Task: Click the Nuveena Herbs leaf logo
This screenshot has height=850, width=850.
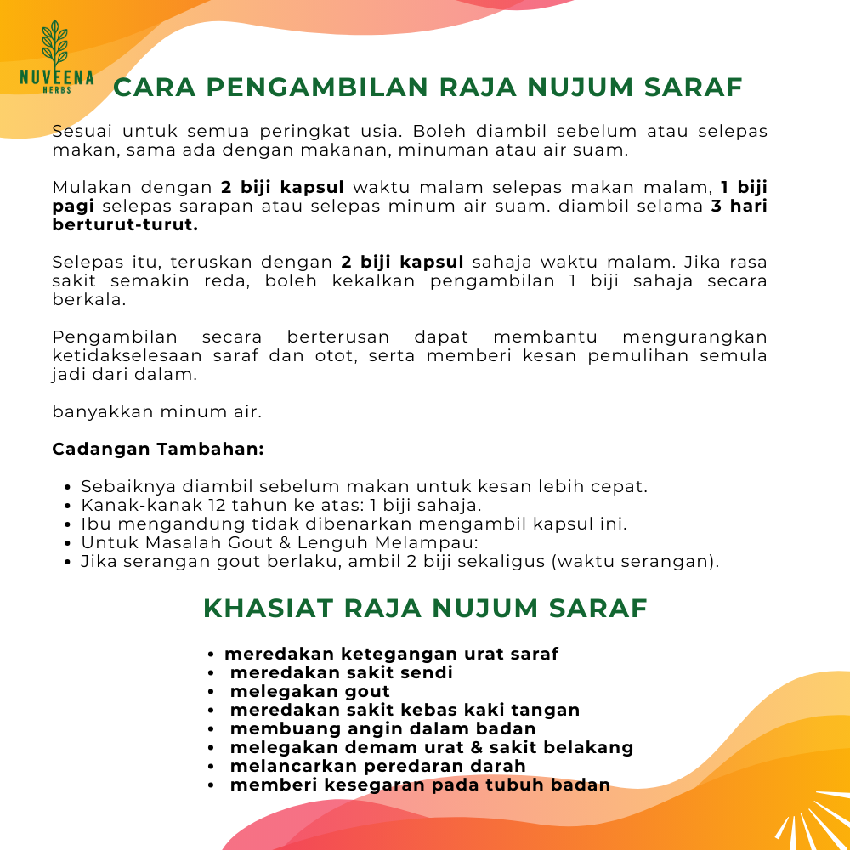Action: pos(56,48)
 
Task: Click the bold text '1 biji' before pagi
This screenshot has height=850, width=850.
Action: pos(744,187)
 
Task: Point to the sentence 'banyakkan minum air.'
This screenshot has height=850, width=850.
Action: pos(157,411)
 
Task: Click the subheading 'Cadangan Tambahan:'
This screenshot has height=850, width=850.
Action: pos(158,449)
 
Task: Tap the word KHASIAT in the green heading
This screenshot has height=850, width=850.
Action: pos(269,609)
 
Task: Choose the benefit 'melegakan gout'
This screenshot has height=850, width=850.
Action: pos(309,691)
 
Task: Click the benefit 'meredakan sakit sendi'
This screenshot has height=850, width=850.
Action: pos(341,672)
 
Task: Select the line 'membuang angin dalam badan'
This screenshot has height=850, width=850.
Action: pos(382,728)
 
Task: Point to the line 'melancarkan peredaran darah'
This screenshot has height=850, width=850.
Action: pos(377,766)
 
